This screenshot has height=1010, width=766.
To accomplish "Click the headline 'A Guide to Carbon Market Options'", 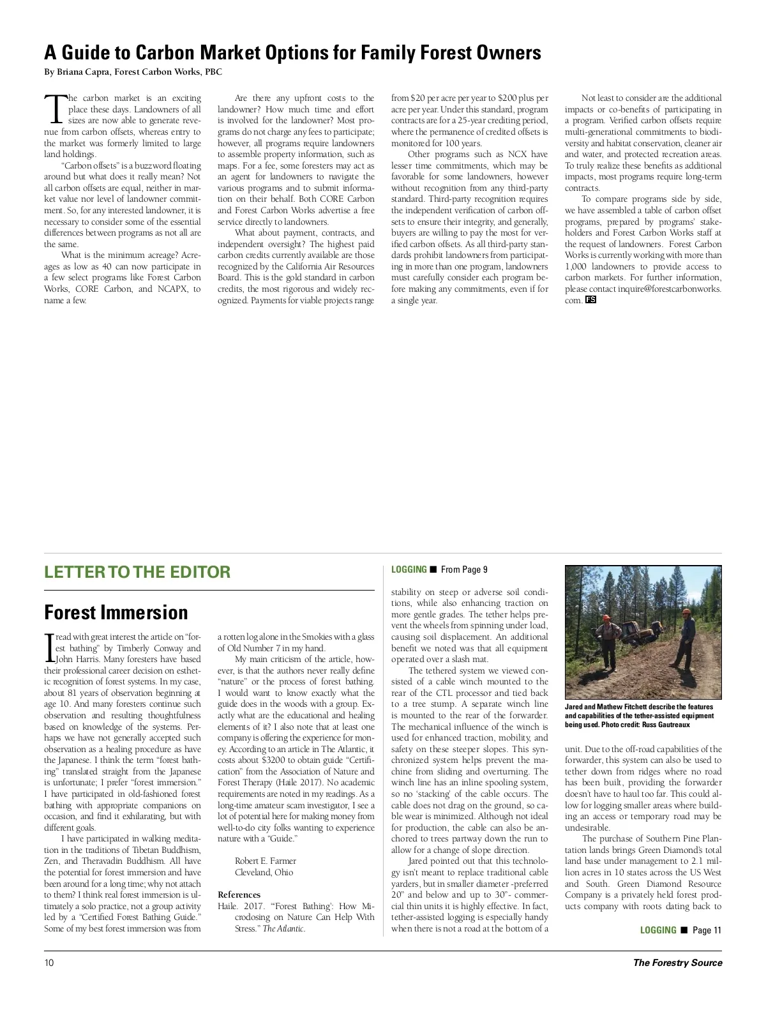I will coord(292,52).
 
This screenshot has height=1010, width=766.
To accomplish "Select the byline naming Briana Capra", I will coord(133,72).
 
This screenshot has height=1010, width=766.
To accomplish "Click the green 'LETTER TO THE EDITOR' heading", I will coord(137,571).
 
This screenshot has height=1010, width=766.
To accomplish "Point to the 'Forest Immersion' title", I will coord(116,612).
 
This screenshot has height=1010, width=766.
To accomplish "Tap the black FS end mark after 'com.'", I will coord(590,300).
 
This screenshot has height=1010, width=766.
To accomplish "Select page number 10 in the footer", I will coord(49,963).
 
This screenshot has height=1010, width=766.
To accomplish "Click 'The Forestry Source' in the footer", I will coord(677,963).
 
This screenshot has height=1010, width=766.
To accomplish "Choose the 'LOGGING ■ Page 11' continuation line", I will coord(680,930).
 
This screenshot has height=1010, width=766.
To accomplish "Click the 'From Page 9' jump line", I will coord(464,569).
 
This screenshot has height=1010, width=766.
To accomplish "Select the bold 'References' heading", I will coord(239,895).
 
